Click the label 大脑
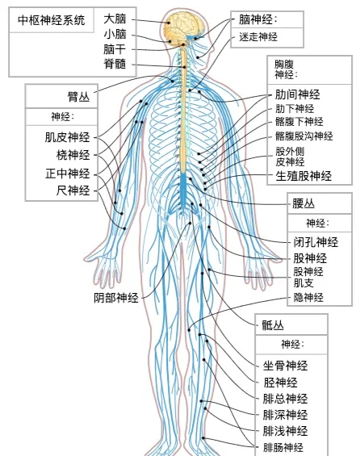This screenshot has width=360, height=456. (115, 19)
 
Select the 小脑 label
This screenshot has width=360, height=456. (115, 34)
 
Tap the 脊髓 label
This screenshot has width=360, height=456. (115, 64)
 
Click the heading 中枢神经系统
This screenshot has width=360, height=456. (51, 20)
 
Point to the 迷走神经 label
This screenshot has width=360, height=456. (258, 37)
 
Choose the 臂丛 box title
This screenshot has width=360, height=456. (78, 97)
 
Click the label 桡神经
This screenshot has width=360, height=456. (73, 155)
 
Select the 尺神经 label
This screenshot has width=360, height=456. (73, 190)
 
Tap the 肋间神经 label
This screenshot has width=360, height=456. (298, 94)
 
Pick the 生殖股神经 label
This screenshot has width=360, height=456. (303, 176)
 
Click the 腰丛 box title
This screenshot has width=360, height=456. (303, 203)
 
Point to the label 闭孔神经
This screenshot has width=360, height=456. (316, 242)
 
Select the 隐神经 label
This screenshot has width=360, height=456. (308, 297)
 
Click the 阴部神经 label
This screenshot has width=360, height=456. (116, 298)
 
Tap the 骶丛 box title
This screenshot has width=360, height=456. (273, 324)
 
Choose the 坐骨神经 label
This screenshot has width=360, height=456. (285, 366)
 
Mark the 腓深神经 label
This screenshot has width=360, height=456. (285, 415)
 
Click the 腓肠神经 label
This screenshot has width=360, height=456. (283, 447)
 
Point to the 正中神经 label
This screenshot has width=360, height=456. (68, 174)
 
